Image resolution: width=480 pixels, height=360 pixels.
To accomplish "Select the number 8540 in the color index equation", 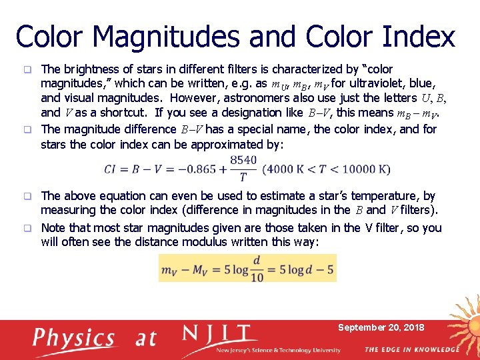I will [x=243, y=161].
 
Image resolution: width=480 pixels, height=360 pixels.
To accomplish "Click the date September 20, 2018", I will [x=381, y=327].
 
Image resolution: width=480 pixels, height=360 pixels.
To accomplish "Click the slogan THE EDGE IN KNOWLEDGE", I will [x=411, y=349].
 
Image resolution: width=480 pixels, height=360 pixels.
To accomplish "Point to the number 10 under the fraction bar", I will [x=257, y=277].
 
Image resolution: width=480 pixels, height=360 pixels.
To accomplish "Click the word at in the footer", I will [x=146, y=337].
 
